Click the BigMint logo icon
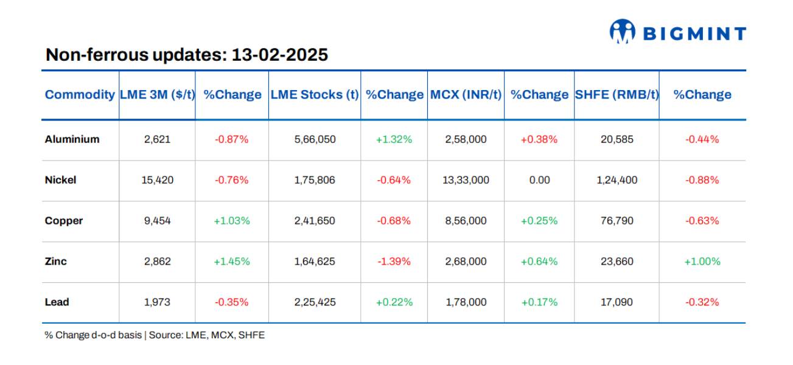622,32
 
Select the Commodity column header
80,95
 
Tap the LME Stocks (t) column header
314,95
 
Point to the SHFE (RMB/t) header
617,95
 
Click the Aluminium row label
72,139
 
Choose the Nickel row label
60,180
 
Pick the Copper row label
63,221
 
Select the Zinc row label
55,262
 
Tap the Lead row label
57,302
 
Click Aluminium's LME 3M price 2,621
157,139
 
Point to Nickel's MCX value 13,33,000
466,180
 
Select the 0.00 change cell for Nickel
539,180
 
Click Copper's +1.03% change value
231,221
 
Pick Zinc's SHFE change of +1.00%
702,262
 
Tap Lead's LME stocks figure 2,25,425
314,302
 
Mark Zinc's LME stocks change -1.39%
394,262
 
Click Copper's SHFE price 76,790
617,221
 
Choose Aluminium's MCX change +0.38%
539,139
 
